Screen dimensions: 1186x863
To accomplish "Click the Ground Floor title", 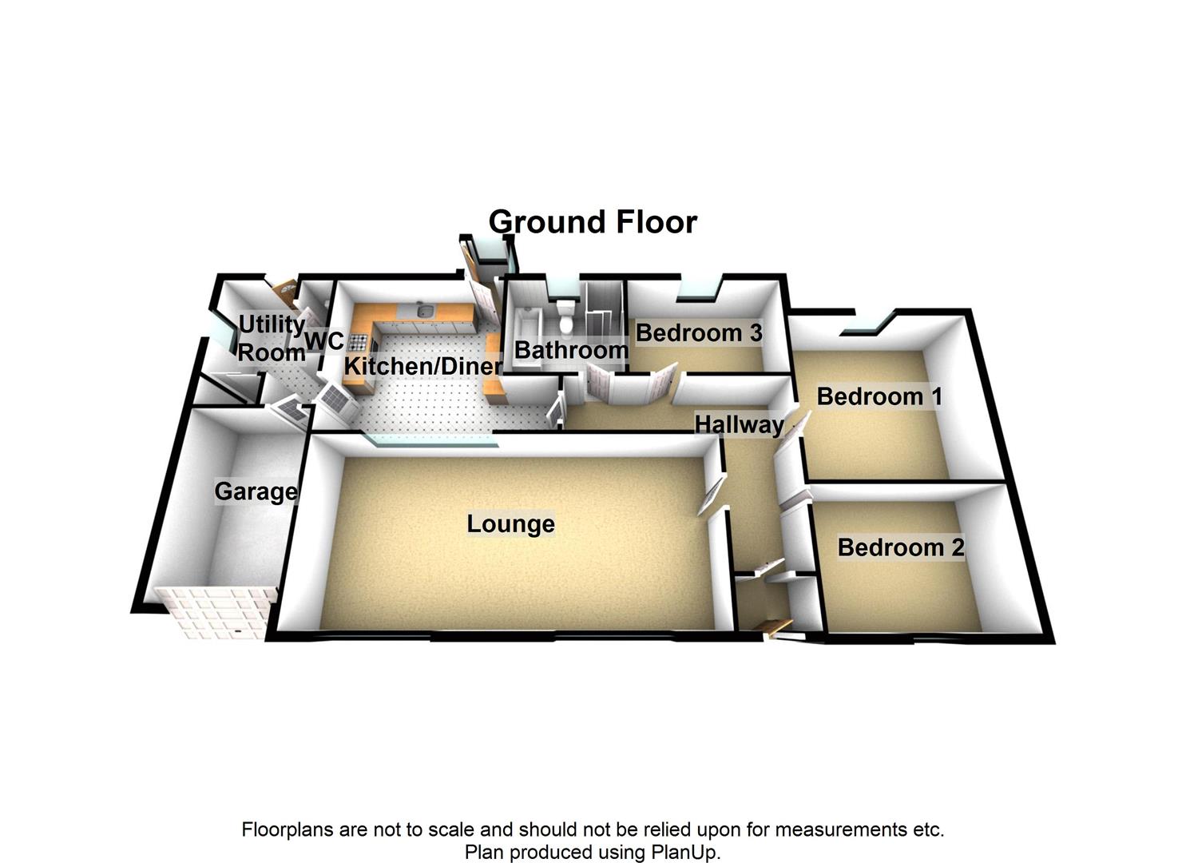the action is [593, 222].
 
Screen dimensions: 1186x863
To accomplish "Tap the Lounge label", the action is [510, 524].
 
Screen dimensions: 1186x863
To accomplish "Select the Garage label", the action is [256, 491].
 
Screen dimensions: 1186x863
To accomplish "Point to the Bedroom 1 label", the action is [879, 396].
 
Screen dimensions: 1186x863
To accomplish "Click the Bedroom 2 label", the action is [900, 547].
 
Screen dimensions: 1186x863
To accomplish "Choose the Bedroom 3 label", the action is [699, 332].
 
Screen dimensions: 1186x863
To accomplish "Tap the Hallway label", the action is [739, 424].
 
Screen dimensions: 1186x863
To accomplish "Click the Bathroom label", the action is [571, 350].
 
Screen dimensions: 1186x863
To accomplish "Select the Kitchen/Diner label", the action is [422, 366].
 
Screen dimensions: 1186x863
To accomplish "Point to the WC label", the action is [325, 341].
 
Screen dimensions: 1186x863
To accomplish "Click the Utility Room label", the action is [272, 338].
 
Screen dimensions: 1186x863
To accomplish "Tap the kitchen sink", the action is [424, 311].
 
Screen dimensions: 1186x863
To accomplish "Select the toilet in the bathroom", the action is [566, 316].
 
